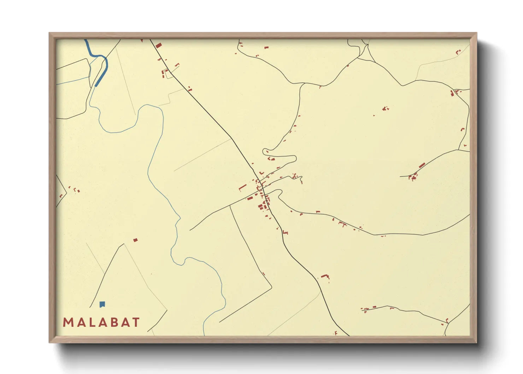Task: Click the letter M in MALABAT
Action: point(68,322)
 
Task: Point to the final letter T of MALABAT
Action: point(136,322)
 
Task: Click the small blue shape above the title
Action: point(102,304)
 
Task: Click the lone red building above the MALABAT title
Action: point(135,240)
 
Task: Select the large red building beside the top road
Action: point(158,45)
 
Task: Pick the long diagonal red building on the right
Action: point(422,165)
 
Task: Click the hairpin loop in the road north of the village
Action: point(265,152)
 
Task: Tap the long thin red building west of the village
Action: point(242,187)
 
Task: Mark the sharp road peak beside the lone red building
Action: point(124,244)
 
